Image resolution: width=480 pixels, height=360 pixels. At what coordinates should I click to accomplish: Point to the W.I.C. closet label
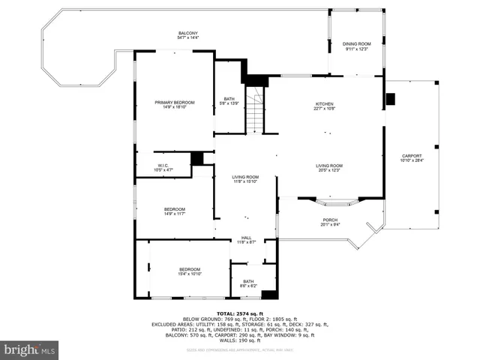click(x=163, y=167)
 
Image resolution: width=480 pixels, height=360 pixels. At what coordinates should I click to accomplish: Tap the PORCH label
click(x=330, y=221)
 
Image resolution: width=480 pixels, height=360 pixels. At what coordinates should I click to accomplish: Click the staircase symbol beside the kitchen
click(x=256, y=110)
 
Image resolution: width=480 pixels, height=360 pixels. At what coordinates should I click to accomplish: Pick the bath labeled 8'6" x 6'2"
click(x=248, y=283)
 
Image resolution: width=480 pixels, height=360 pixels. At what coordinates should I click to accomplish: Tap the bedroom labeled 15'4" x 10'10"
click(x=189, y=271)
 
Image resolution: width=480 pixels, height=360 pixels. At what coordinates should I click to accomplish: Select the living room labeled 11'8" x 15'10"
click(x=246, y=178)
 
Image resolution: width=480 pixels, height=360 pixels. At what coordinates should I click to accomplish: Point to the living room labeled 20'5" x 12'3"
click(x=328, y=168)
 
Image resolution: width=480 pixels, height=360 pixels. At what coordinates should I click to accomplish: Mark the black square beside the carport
click(x=390, y=99)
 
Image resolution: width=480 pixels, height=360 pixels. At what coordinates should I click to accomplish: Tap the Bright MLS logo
click(x=30, y=349)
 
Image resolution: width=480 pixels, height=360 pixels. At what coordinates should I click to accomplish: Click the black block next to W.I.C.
click(x=197, y=158)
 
